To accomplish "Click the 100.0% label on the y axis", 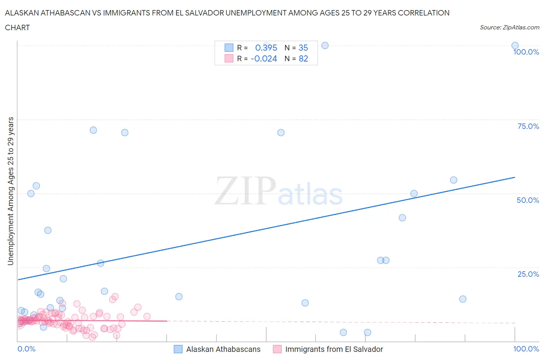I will click(x=526, y=52).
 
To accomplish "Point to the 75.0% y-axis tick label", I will click(x=528, y=126).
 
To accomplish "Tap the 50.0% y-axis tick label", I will click(x=528, y=200).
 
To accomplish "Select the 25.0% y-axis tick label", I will click(x=528, y=274).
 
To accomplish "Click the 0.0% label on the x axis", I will click(x=26, y=349).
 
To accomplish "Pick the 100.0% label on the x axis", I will click(x=526, y=349).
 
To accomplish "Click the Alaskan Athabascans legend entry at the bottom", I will click(x=223, y=349).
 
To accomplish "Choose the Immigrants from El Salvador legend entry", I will click(x=334, y=349).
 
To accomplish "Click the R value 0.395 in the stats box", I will click(x=266, y=48).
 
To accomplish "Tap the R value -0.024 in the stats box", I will click(x=264, y=58).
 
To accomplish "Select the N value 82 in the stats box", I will click(x=303, y=58).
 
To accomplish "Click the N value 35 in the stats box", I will click(x=303, y=48).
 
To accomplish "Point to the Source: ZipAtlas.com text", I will click(x=509, y=27).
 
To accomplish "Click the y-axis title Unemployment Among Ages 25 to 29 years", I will click(x=10, y=191).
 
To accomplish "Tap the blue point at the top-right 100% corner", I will click(x=515, y=46).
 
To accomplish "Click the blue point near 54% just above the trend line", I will click(x=453, y=180).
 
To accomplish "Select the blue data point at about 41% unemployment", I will click(x=402, y=218).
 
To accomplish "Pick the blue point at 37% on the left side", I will click(x=48, y=230).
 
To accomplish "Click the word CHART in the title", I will click(x=17, y=27).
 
